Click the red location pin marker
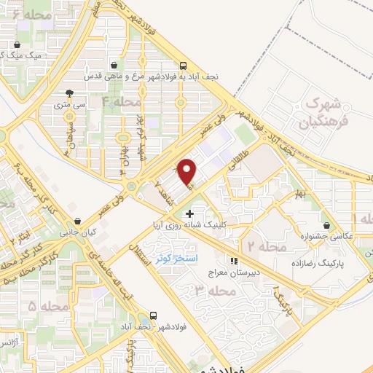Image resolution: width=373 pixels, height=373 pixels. [x=189, y=170]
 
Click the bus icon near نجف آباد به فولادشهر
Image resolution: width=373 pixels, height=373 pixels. [x=183, y=64]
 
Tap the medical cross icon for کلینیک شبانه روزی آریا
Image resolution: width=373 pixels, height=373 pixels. [x=190, y=214]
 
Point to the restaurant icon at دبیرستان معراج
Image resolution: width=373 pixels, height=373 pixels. [x=234, y=260]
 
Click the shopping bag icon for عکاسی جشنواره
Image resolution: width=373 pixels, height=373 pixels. [x=334, y=226]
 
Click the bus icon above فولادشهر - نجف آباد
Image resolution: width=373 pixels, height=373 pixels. [x=154, y=317]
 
